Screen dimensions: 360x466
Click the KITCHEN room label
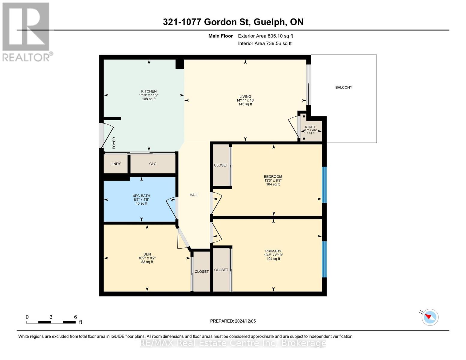[x=149, y=91]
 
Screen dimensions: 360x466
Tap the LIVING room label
[x=245, y=97]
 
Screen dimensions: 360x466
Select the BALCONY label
[x=344, y=88]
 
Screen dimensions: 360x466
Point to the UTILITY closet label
[x=310, y=127]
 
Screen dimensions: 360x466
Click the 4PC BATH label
[x=141, y=196]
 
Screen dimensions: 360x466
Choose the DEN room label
[x=147, y=254]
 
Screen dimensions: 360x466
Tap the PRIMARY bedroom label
[x=273, y=251]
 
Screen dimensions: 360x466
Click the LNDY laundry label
[x=116, y=164]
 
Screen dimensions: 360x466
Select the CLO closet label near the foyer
[x=153, y=164]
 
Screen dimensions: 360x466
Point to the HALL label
[x=194, y=195]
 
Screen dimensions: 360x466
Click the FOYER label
[x=114, y=143]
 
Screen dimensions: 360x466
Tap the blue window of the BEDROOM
[x=324, y=184]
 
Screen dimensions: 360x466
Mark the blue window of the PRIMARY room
[x=324, y=259]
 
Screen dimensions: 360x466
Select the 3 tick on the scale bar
[x=51, y=317]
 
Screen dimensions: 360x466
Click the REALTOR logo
[x=26, y=31]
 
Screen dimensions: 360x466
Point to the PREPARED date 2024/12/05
[x=233, y=321]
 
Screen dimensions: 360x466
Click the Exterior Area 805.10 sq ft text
[x=265, y=36]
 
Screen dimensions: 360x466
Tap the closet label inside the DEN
[x=202, y=271]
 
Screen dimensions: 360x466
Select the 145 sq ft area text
[x=245, y=104]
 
